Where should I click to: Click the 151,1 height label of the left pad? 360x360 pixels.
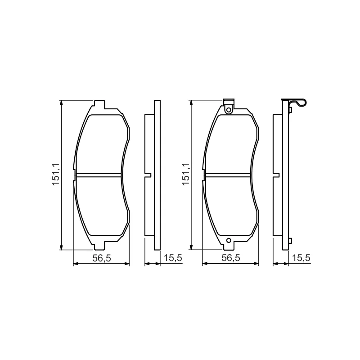pos(55,175)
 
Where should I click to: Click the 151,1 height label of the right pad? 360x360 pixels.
pos(185,174)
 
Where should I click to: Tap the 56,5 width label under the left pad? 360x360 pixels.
pos(102,258)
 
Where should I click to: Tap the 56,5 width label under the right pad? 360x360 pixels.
pos(231,258)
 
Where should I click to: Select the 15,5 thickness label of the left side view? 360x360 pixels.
pos(173,258)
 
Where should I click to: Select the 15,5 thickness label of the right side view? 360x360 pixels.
pos(301,258)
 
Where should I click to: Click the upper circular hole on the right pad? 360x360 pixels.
pos(229,110)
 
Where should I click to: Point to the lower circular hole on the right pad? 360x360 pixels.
pos(229,240)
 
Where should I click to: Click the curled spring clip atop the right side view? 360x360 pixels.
pos(297,103)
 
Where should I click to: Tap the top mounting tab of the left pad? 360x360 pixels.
pos(99,104)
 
